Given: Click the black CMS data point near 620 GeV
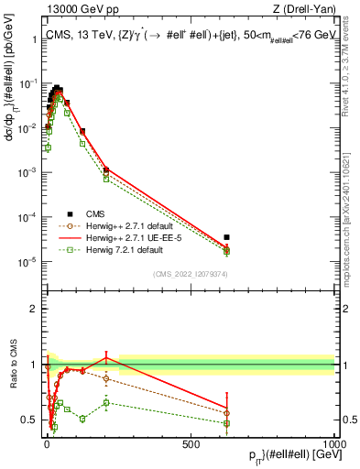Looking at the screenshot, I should pyautogui.click(x=226, y=237).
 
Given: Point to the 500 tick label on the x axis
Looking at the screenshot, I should pyautogui.click(x=191, y=442).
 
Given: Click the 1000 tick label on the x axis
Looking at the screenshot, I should pyautogui.click(x=334, y=442).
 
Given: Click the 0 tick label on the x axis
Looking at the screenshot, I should pyautogui.click(x=46, y=442).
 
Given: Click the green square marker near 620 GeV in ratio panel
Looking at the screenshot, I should pyautogui.click(x=226, y=423).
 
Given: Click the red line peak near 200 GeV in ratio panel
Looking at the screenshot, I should pyautogui.click(x=107, y=355).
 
